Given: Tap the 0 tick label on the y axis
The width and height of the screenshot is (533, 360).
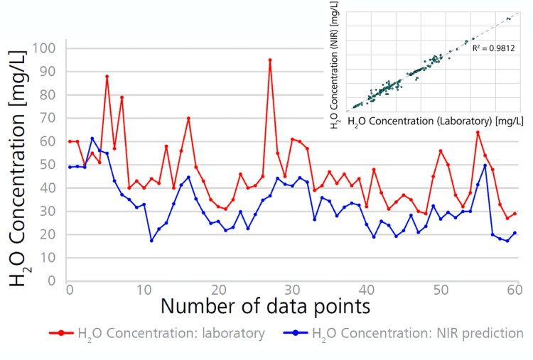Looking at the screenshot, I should click(52, 280).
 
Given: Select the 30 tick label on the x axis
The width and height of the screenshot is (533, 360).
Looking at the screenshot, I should click(291, 290).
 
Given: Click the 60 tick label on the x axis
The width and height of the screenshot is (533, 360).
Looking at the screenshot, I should click(515, 290).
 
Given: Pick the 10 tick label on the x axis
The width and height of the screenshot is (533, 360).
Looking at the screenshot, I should click(143, 290).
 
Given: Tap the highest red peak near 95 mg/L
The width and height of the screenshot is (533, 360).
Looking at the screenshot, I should click(270, 60).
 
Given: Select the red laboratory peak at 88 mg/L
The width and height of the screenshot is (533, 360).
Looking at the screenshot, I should click(107, 77).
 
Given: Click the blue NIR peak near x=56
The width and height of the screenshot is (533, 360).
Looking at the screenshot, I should click(485, 165).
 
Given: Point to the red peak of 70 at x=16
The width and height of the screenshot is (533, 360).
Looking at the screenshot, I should click(188, 118).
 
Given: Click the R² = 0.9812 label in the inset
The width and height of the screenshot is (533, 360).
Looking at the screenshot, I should click(493, 48).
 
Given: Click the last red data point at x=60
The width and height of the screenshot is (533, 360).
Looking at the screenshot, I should click(515, 213).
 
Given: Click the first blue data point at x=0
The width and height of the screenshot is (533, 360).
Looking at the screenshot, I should click(70, 167).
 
